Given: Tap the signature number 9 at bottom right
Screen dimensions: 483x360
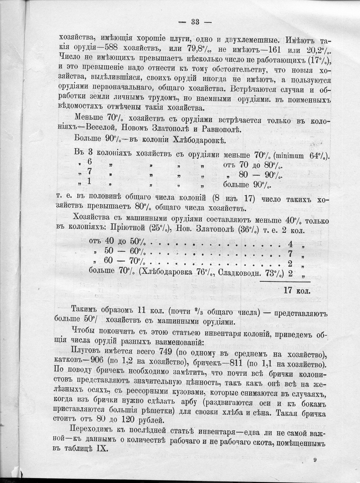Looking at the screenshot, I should [x=315, y=461].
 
